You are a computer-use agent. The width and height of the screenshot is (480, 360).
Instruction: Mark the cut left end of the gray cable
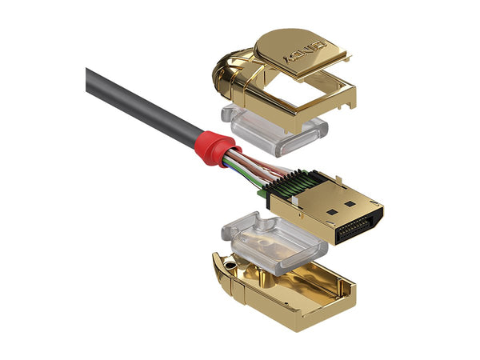click(89, 78)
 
